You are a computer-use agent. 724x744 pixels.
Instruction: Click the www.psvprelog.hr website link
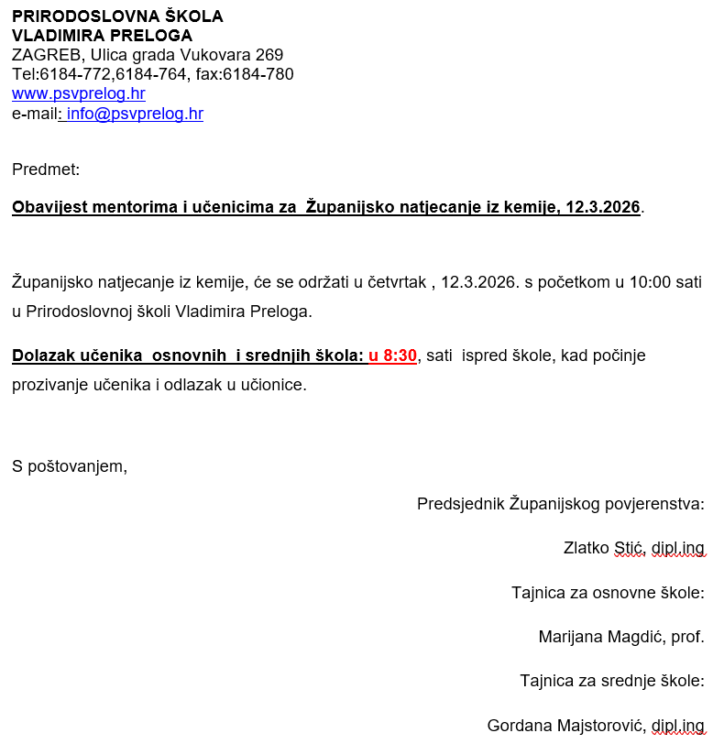click(78, 93)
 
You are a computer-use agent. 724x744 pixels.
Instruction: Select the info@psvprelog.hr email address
click(135, 114)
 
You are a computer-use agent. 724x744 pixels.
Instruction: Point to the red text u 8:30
click(392, 356)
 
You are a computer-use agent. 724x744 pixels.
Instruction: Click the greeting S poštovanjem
click(69, 466)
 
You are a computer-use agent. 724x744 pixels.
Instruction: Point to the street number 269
click(269, 55)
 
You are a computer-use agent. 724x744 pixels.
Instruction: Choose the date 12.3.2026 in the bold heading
click(602, 207)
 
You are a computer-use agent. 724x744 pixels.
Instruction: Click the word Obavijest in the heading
click(49, 207)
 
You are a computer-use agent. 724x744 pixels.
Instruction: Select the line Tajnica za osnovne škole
click(608, 593)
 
